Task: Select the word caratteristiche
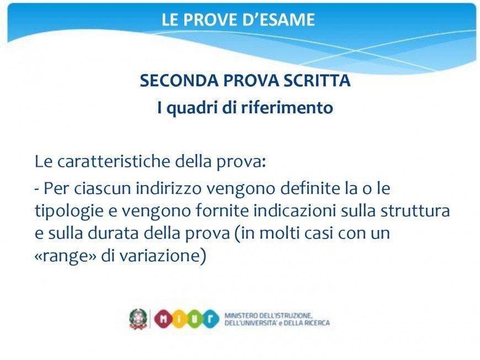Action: point(113,161)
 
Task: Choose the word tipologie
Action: point(72,211)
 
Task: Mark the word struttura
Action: point(415,210)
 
